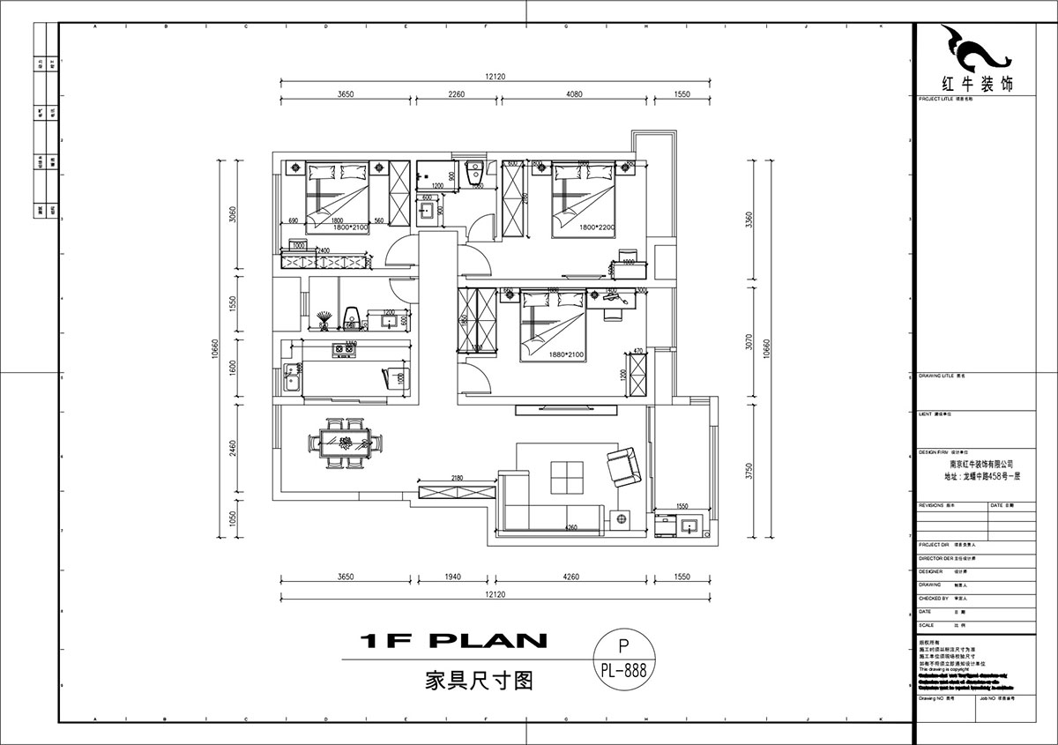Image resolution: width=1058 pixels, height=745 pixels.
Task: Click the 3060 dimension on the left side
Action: pyautogui.click(x=232, y=215)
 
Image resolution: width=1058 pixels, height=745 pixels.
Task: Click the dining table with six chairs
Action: pyautogui.click(x=346, y=443)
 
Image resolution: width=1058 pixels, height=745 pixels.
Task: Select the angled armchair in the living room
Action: pyautogui.click(x=623, y=466)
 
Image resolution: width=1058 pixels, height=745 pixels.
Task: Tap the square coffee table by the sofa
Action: pyautogui.click(x=565, y=477)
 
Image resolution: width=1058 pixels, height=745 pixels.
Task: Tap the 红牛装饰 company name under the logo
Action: pyautogui.click(x=978, y=85)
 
